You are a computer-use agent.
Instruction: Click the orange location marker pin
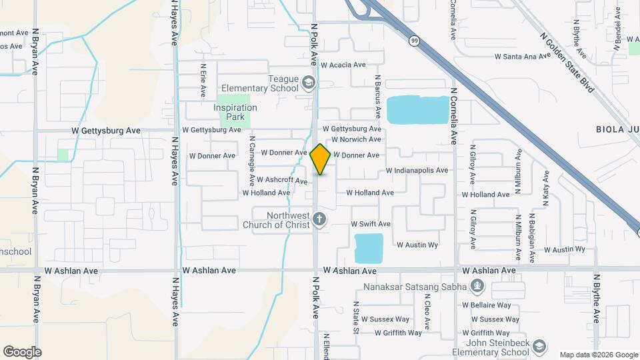(320, 159)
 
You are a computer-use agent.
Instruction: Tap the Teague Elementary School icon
(308, 83)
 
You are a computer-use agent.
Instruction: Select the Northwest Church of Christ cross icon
(319, 219)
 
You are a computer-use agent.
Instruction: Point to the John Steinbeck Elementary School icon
(539, 347)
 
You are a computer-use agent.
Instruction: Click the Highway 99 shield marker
(414, 41)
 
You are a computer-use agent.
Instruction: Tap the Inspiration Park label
(235, 112)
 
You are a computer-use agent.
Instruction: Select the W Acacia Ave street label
(343, 65)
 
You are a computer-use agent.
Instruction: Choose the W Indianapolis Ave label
(417, 171)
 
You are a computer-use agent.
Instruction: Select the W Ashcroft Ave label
(282, 181)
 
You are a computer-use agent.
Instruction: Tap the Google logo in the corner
(22, 351)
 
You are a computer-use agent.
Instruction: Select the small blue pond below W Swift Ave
(369, 247)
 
